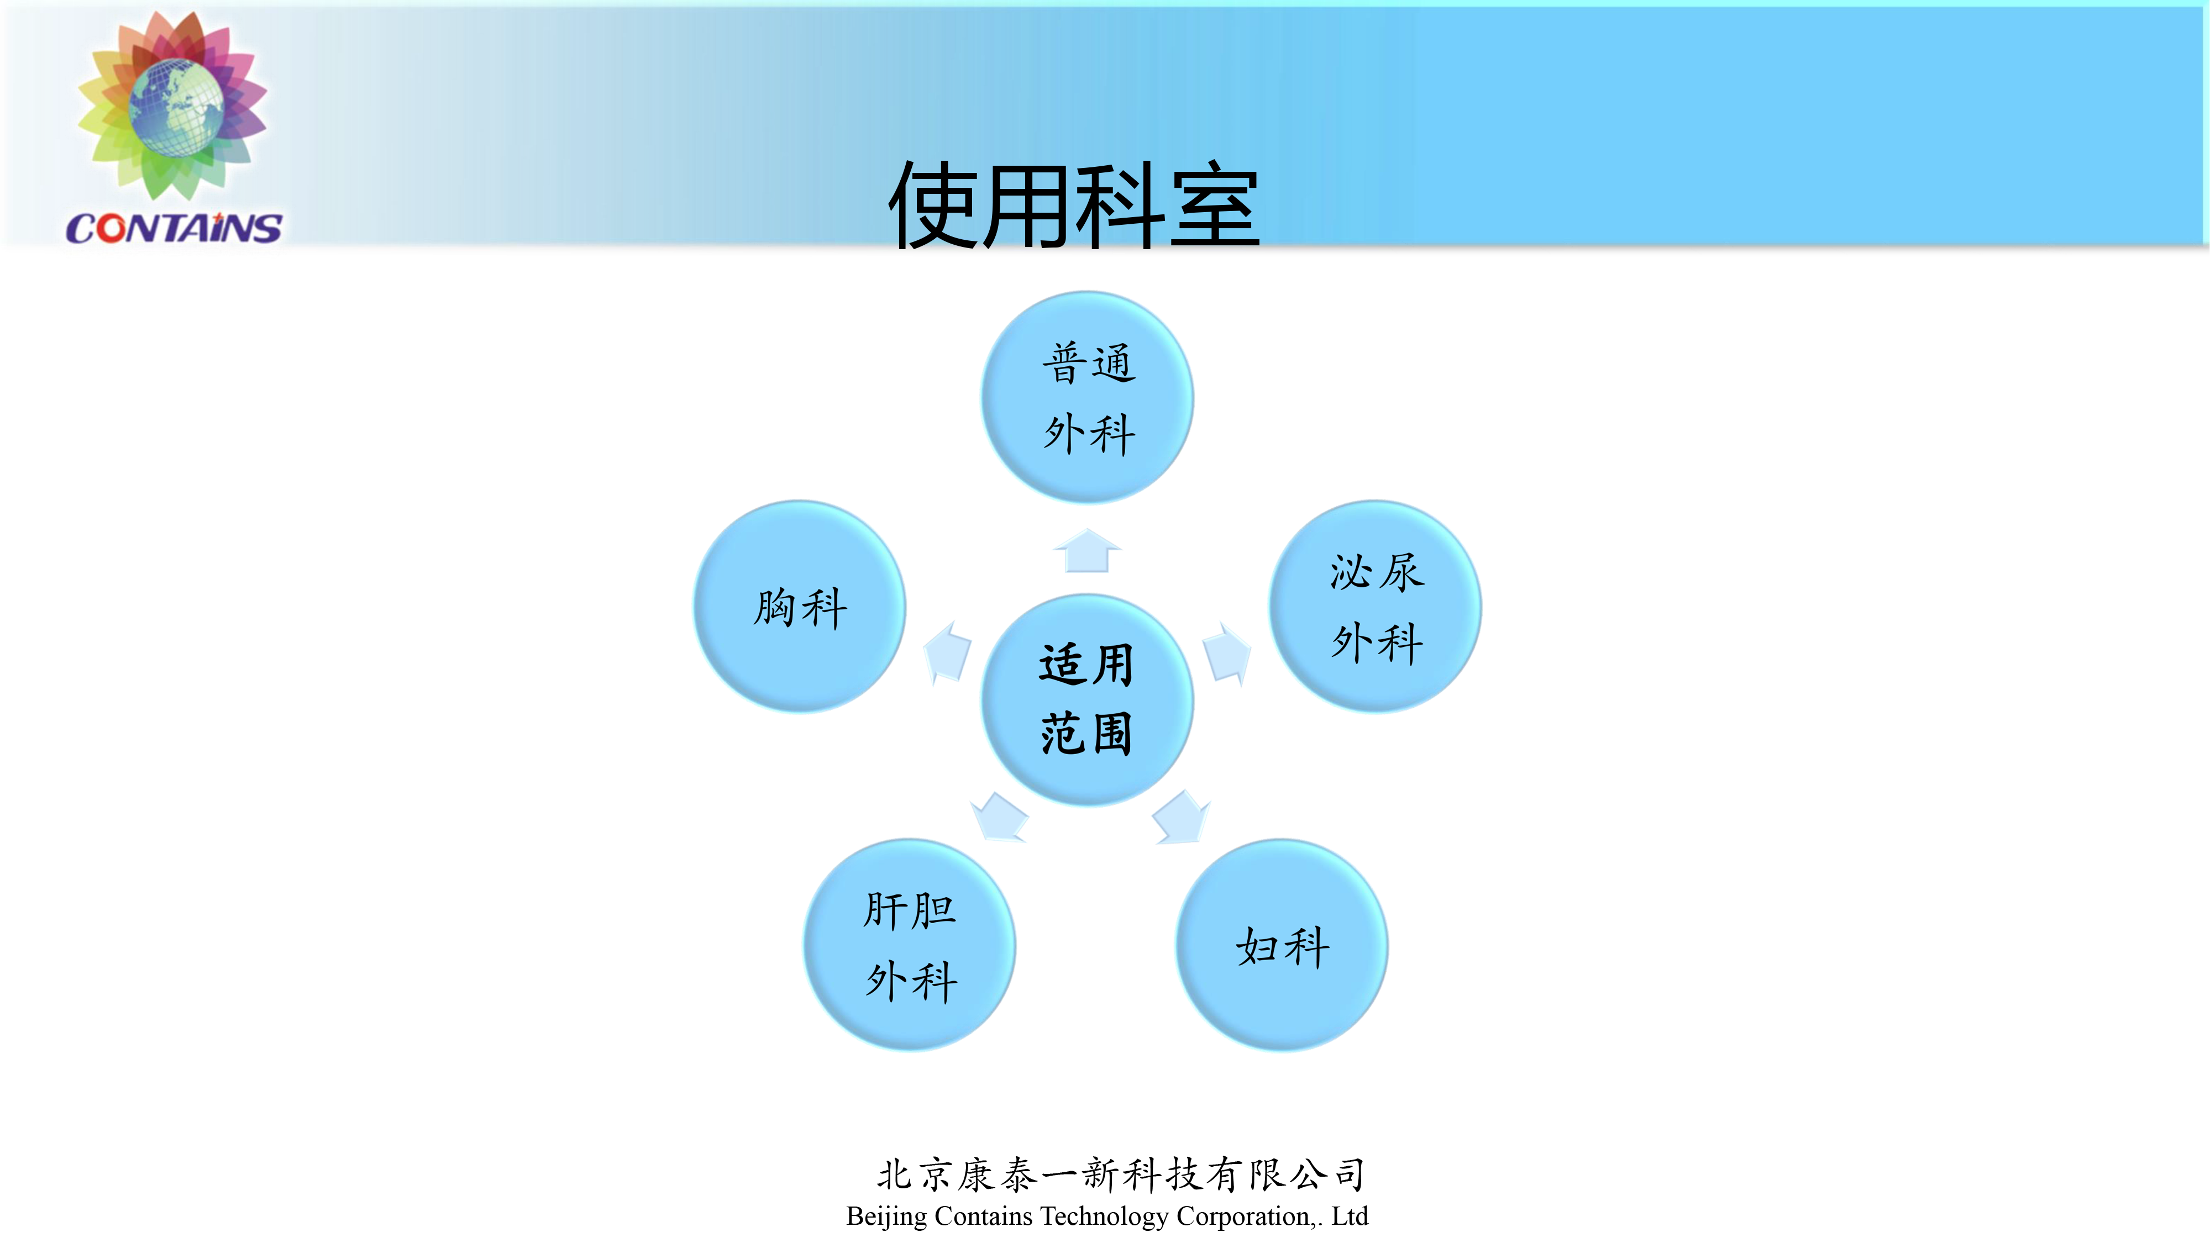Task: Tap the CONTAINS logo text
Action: pos(174,228)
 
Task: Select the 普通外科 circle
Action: pos(1088,397)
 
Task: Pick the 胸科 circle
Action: pos(800,607)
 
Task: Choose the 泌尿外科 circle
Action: pos(1376,607)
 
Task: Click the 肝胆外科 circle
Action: pos(910,945)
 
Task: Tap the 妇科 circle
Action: pos(1282,945)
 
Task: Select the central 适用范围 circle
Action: pos(1087,699)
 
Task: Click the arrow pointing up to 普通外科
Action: pos(1087,551)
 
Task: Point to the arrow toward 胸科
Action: pos(947,652)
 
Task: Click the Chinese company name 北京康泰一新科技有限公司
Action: pos(1120,1174)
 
